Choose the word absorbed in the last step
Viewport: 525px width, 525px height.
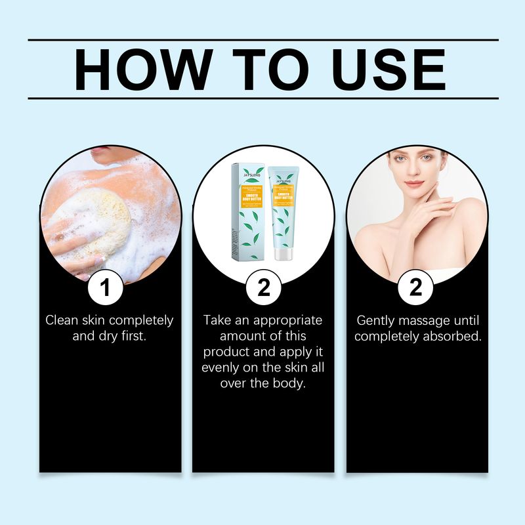click(454, 337)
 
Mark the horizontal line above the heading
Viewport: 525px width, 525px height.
click(262, 41)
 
